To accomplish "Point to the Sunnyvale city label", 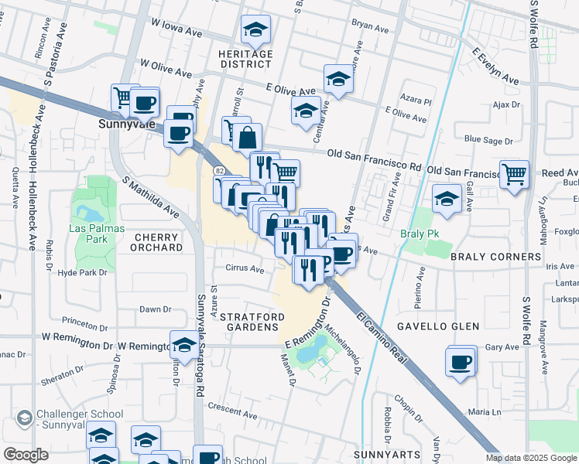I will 128,123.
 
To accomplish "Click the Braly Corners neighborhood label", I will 495,257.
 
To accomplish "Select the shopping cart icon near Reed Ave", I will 514,174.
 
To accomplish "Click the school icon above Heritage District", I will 255,30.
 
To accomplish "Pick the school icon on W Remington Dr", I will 184,344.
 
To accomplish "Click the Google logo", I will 26,455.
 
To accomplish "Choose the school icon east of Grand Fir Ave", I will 446,199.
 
